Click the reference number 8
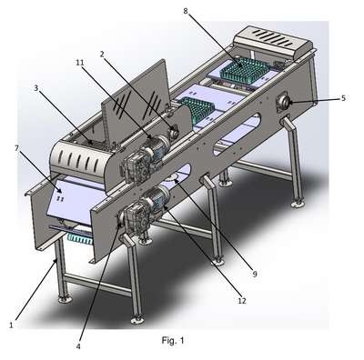click(x=186, y=11)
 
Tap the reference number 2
click(x=102, y=54)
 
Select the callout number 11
click(x=79, y=63)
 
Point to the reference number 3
click(x=36, y=88)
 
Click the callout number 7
click(x=16, y=148)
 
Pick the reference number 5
click(x=343, y=98)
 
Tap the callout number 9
click(x=255, y=274)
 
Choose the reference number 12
click(x=242, y=301)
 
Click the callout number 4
click(x=78, y=346)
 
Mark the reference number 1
click(x=11, y=325)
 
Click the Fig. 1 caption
click(x=173, y=341)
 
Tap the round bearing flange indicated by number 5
click(x=283, y=104)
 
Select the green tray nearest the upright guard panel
click(x=197, y=111)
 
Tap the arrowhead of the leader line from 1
click(x=56, y=260)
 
